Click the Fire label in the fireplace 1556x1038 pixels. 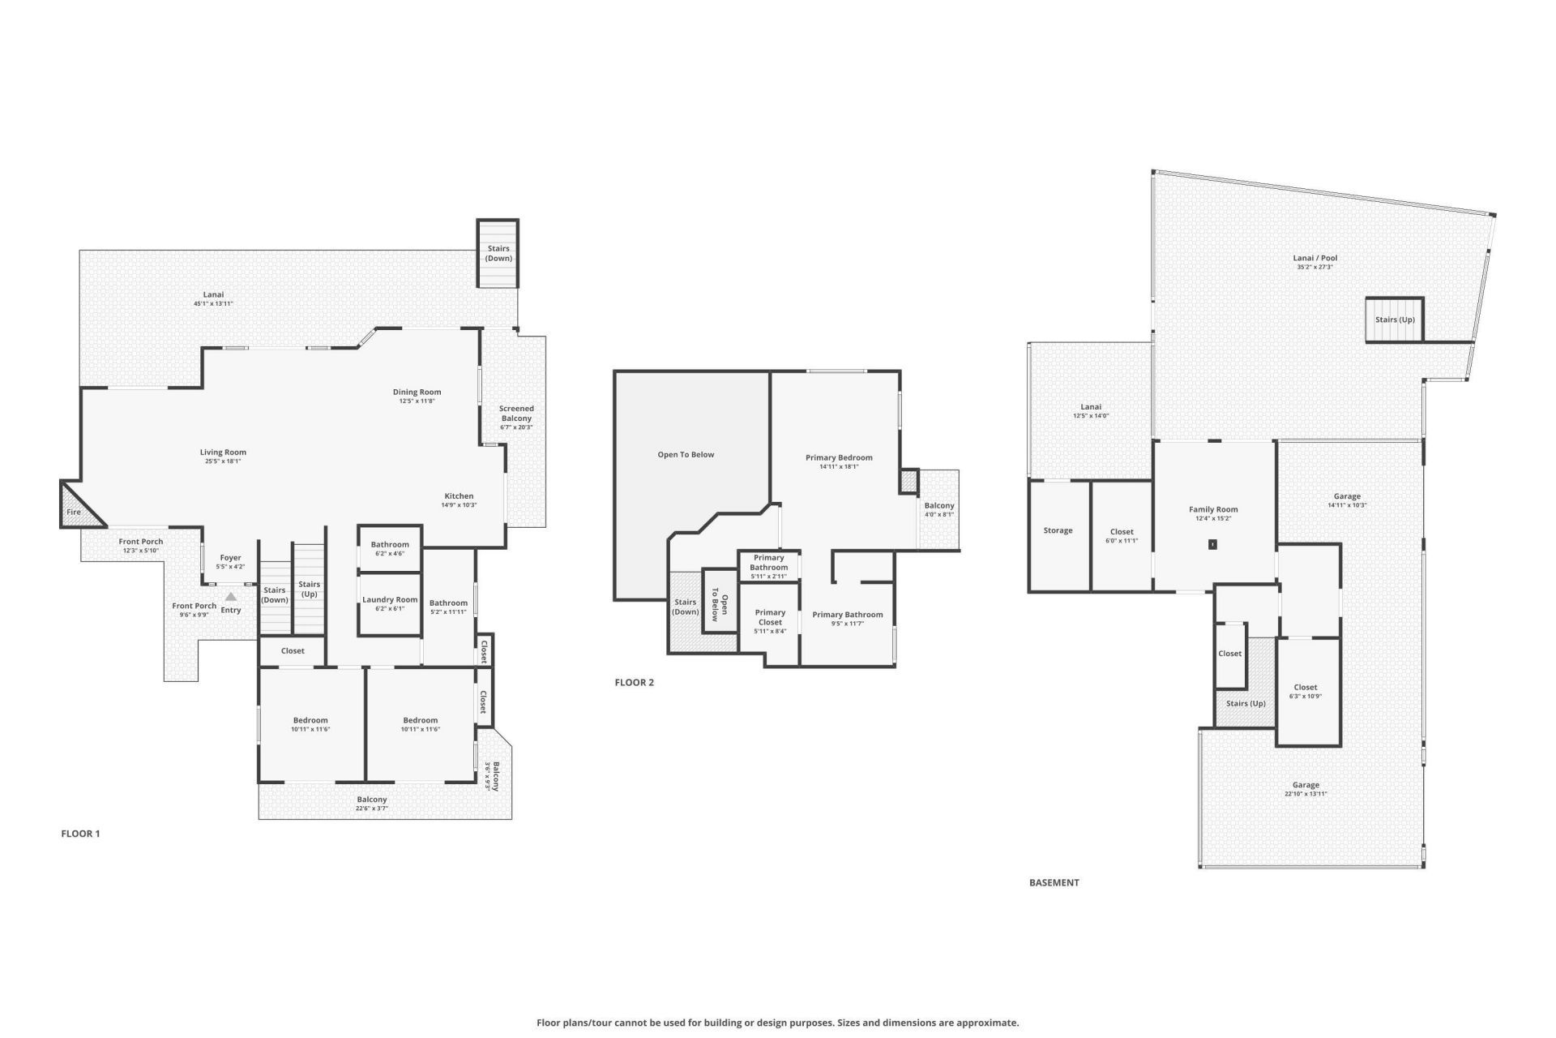pos(74,512)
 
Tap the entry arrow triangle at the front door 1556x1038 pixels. pos(231,597)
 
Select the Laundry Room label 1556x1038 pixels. pos(390,600)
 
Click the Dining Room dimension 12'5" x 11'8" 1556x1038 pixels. pos(417,401)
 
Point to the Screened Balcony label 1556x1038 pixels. pos(516,414)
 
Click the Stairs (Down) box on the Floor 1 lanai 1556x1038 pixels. pos(498,253)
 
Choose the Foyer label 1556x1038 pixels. pos(230,558)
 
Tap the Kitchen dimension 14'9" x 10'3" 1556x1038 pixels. pos(459,505)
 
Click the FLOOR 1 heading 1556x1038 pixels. pos(80,834)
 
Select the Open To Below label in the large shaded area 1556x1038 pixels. pos(686,455)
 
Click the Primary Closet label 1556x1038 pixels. pos(770,617)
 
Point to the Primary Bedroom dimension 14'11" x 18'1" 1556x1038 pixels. pos(839,466)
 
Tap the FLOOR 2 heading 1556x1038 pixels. pos(634,683)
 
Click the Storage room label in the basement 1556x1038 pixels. pos(1058,530)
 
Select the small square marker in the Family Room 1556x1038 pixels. pos(1212,544)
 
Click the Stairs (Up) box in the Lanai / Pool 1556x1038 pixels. pos(1395,320)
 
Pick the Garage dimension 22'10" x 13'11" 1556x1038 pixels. pos(1306,794)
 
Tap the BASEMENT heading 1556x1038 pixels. pos(1054,882)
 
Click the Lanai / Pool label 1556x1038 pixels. pos(1314,258)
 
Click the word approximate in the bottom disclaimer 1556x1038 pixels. pos(986,1023)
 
